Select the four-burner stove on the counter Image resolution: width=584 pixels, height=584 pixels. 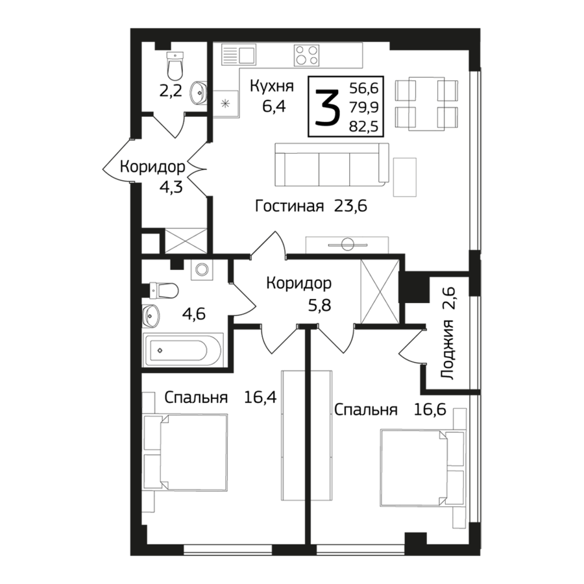tap(306, 55)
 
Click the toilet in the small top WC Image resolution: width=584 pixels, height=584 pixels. tap(175, 66)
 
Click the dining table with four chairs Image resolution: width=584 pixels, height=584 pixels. tap(427, 104)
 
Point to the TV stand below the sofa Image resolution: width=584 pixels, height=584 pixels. tap(347, 245)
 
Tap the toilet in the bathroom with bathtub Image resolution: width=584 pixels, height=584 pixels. tap(162, 291)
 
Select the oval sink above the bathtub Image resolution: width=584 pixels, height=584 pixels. tap(151, 316)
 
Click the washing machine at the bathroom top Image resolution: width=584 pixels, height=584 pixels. tap(202, 269)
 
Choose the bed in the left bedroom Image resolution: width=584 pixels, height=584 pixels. tap(193, 452)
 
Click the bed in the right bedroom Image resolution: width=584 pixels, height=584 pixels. tap(414, 466)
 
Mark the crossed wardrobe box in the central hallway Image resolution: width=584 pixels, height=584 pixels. tap(378, 289)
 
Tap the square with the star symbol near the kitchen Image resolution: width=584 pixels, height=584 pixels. tap(226, 102)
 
